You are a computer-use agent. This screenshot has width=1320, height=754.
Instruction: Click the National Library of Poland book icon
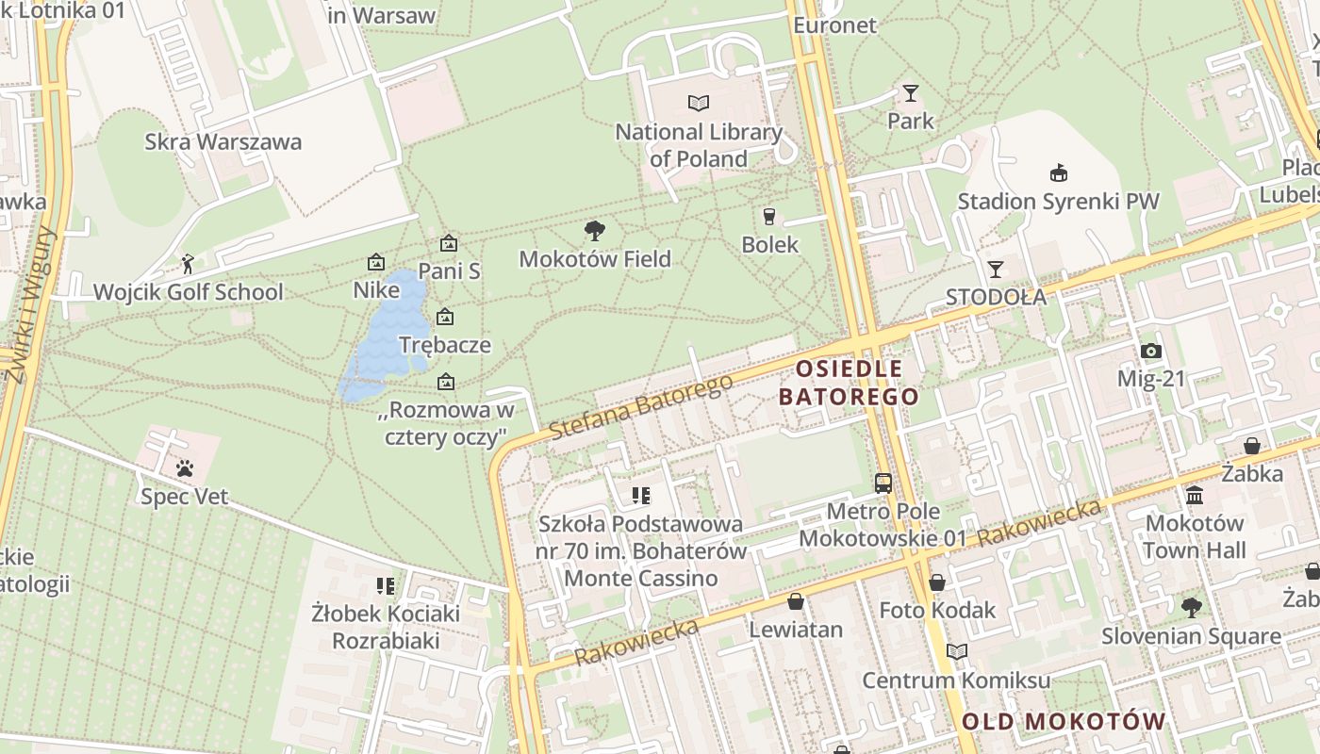point(699,103)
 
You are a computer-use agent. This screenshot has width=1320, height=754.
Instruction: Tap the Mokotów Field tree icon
point(595,230)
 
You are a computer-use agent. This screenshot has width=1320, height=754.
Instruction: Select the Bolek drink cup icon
point(769,216)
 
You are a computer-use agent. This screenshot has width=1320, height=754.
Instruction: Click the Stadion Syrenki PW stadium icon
point(1059,172)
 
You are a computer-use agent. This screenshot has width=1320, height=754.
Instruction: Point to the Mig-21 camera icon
point(1150,352)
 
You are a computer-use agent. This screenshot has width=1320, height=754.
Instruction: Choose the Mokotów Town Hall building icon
point(1195,495)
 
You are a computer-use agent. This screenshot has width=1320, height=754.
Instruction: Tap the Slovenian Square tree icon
point(1192,608)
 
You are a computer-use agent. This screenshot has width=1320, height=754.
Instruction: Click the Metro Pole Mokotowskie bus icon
point(883,484)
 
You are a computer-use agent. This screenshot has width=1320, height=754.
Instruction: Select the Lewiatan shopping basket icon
point(796,601)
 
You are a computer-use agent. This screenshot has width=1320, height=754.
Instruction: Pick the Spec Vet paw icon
point(185,467)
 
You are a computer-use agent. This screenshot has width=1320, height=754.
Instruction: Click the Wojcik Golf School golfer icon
point(188,264)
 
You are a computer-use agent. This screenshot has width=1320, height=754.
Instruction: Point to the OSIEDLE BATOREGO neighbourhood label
point(849,382)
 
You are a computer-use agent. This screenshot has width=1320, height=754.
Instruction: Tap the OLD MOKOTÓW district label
point(1064,722)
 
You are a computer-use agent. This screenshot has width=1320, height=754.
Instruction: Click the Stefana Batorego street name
point(641,407)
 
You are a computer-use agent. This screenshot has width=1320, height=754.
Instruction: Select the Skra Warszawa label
point(223,142)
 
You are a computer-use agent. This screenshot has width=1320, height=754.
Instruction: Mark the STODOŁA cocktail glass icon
point(996,269)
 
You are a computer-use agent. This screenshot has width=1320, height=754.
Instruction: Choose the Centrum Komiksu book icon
point(957,651)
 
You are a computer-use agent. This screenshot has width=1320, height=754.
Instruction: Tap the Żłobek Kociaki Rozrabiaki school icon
point(385,586)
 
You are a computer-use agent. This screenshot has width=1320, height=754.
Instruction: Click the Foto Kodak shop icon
point(937,582)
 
